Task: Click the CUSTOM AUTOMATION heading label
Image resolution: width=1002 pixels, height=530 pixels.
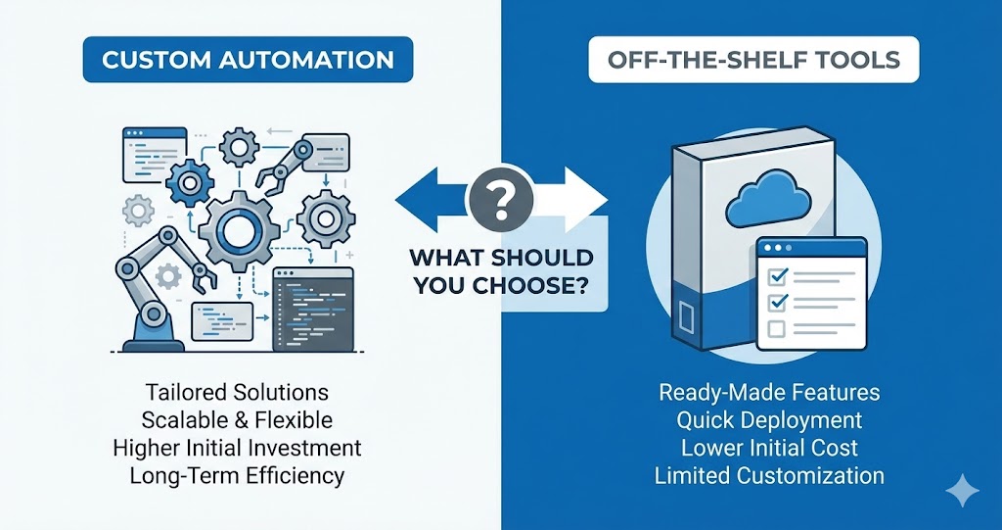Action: [248, 61]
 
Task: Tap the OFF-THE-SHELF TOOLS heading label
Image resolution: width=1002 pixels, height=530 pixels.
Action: [753, 61]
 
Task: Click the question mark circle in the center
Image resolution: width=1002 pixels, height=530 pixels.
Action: [501, 200]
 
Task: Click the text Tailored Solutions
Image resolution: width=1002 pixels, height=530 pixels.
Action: [237, 392]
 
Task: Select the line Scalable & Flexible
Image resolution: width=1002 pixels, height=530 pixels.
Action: [237, 420]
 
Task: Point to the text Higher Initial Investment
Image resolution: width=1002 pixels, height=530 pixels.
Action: [237, 448]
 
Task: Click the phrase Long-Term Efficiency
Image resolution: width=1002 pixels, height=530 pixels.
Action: [237, 476]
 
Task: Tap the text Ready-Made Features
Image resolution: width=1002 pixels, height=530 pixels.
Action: [769, 393]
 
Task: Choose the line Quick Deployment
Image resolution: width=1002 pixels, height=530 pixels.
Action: [769, 420]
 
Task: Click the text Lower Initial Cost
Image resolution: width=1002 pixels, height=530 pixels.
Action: [769, 448]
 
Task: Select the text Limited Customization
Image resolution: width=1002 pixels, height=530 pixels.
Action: [769, 476]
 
